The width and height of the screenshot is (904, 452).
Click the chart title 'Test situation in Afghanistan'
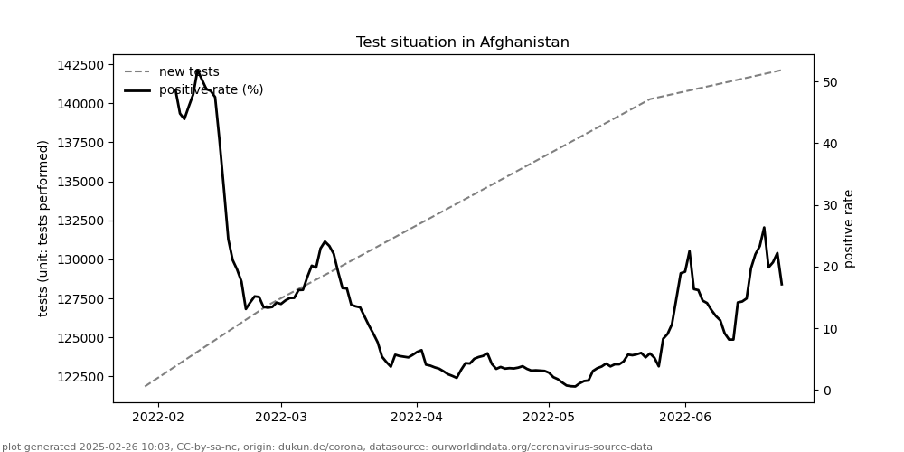(x=462, y=42)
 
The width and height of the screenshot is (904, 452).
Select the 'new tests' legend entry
(x=189, y=72)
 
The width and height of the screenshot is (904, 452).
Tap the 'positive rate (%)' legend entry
(x=211, y=90)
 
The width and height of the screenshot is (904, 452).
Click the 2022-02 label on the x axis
(x=158, y=417)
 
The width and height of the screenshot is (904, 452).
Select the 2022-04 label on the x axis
(x=417, y=417)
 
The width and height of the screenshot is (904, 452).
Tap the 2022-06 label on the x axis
(x=684, y=417)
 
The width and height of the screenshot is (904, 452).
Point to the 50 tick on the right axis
(x=829, y=82)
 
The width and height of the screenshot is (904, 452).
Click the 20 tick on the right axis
(x=829, y=267)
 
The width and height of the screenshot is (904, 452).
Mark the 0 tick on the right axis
(x=825, y=391)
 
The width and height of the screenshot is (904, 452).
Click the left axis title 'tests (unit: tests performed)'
(x=43, y=228)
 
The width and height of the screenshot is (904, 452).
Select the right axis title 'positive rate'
(x=849, y=228)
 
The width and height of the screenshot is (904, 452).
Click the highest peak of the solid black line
(x=197, y=71)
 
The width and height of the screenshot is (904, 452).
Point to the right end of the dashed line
(x=781, y=70)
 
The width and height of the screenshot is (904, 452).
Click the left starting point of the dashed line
(x=145, y=386)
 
